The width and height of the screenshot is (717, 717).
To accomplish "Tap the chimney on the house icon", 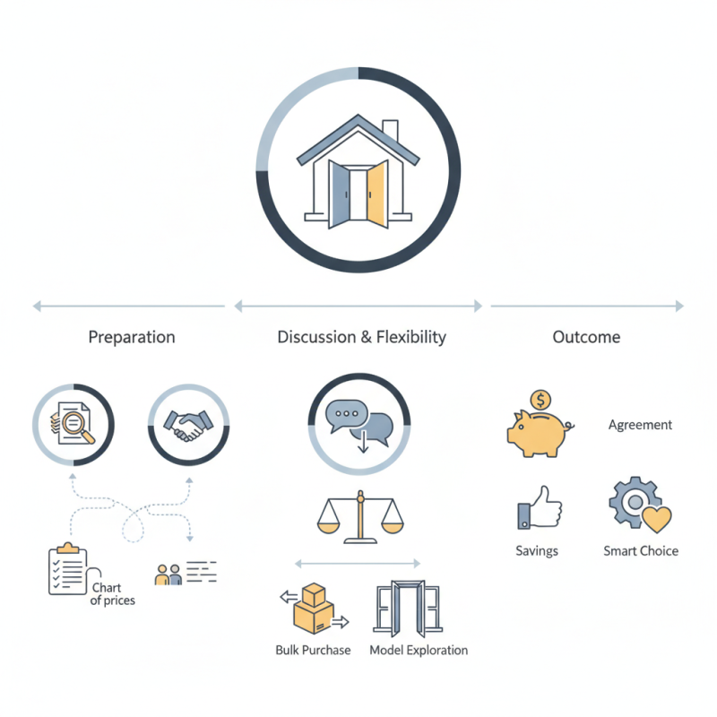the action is coord(390,130).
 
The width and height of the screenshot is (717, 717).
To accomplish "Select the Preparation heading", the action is coord(132,338).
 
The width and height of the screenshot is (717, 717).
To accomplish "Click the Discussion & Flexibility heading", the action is coord(362,337).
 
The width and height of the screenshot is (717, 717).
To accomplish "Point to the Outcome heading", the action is coord(586,337).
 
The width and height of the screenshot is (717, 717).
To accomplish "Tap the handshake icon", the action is coord(188,425).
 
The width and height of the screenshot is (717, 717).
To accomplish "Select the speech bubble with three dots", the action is coord(347,415).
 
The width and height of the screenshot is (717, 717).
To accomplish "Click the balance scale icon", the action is coord(360,517).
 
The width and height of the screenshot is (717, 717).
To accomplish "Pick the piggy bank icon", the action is coord(540,433).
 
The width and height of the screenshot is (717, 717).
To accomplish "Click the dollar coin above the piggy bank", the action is coord(540,401).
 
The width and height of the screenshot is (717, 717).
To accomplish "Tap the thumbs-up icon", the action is coord(540,507).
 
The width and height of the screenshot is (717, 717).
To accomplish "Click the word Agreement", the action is coord(640,425).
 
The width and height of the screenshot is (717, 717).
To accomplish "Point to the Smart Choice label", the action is coord(641,550).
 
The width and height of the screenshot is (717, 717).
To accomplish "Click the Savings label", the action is coord(537,551).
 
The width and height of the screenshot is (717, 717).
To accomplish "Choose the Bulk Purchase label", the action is coord(313,650).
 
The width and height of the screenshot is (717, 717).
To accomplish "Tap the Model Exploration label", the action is coord(419,650).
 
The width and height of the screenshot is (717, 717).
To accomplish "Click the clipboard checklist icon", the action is coord(68,569).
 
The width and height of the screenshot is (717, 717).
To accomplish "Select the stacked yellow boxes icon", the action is coord(314,609).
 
